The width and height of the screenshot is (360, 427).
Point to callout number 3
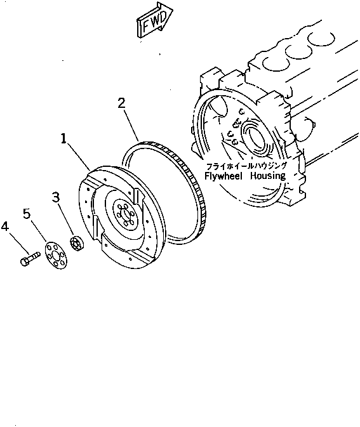pyautogui.click(x=56, y=199)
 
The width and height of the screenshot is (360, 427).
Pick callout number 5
pyautogui.click(x=27, y=213)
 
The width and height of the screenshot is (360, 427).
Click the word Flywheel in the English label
pyautogui.click(x=225, y=175)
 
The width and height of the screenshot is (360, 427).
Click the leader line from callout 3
pyautogui.click(x=66, y=220)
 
